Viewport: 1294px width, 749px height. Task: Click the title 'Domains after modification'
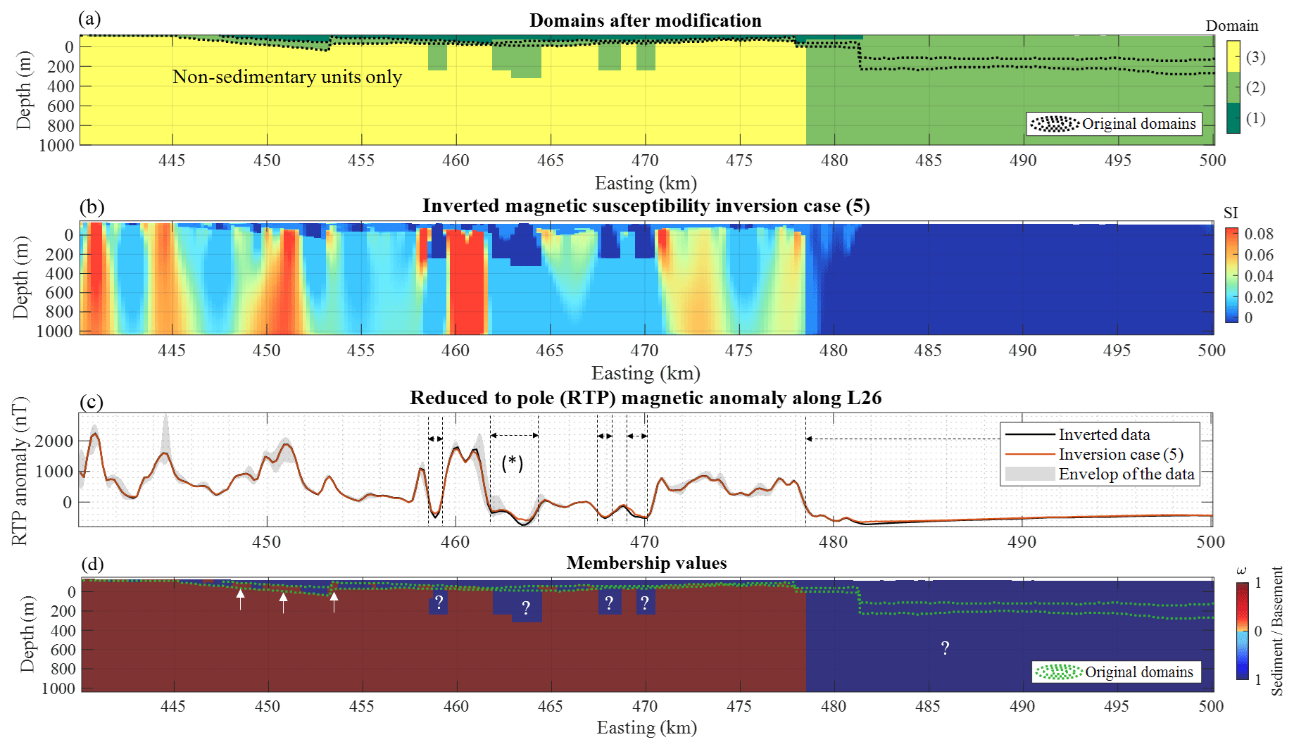(x=645, y=20)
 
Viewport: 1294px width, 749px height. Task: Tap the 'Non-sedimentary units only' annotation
(x=287, y=77)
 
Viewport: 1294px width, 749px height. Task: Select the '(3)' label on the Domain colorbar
(x=1255, y=57)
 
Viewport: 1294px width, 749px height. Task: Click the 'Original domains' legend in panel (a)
(x=1114, y=124)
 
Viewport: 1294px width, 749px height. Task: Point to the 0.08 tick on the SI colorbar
(x=1259, y=234)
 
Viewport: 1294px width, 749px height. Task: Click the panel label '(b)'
(x=92, y=207)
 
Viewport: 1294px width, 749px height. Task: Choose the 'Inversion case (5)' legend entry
(x=1120, y=455)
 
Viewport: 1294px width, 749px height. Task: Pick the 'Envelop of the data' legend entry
(x=1126, y=474)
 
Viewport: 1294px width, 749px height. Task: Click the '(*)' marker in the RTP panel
(x=513, y=463)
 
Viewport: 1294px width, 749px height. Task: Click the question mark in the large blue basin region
(x=945, y=648)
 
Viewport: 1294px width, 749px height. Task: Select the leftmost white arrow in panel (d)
(x=241, y=599)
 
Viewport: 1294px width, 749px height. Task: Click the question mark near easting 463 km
(x=526, y=608)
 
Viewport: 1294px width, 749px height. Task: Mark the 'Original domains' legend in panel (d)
(x=1117, y=672)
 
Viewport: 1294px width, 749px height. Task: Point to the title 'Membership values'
(x=646, y=563)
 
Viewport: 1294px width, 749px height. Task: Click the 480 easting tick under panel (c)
(x=833, y=542)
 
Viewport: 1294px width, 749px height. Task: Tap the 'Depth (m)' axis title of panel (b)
(x=22, y=277)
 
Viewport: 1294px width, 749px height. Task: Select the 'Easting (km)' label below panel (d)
(x=646, y=728)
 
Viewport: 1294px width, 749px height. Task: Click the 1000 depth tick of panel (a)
(x=56, y=145)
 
